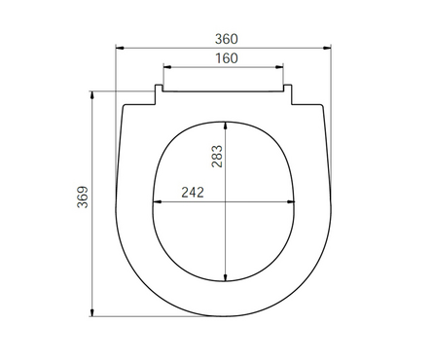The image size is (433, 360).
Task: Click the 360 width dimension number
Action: (227, 39)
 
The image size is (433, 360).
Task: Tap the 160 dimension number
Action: (227, 58)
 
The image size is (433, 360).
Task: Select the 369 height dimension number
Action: (83, 197)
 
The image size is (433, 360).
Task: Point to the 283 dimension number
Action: (217, 157)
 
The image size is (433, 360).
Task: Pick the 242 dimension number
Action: (193, 193)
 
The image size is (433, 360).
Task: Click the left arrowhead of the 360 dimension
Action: (120, 48)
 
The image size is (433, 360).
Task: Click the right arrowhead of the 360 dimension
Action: (327, 48)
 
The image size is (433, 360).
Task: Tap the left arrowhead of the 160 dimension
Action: (167, 67)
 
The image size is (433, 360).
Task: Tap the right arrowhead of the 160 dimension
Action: (279, 67)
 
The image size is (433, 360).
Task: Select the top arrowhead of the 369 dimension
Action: (92, 95)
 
